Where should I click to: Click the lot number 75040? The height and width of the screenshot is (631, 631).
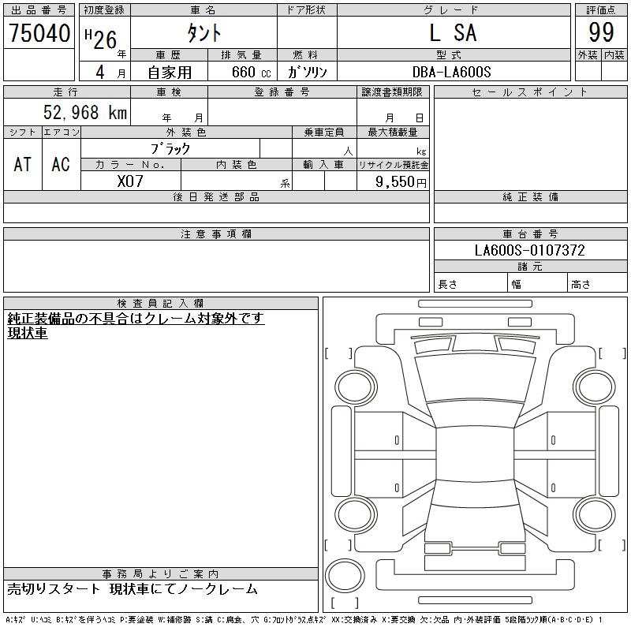pyautogui.click(x=39, y=33)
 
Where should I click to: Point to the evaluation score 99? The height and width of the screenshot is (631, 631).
pyautogui.click(x=601, y=32)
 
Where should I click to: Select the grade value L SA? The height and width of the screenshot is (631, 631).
pyautogui.click(x=454, y=32)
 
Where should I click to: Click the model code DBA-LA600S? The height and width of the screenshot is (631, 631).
pyautogui.click(x=451, y=72)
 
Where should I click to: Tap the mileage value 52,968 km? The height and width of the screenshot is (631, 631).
pyautogui.click(x=85, y=112)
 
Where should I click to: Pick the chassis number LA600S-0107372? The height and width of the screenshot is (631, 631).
pyautogui.click(x=529, y=250)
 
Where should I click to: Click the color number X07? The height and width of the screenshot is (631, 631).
pyautogui.click(x=130, y=181)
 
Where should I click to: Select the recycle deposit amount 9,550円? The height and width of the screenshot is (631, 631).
pyautogui.click(x=401, y=182)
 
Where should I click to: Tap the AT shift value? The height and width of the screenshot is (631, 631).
pyautogui.click(x=23, y=164)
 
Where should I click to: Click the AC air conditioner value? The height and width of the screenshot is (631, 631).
pyautogui.click(x=61, y=164)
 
